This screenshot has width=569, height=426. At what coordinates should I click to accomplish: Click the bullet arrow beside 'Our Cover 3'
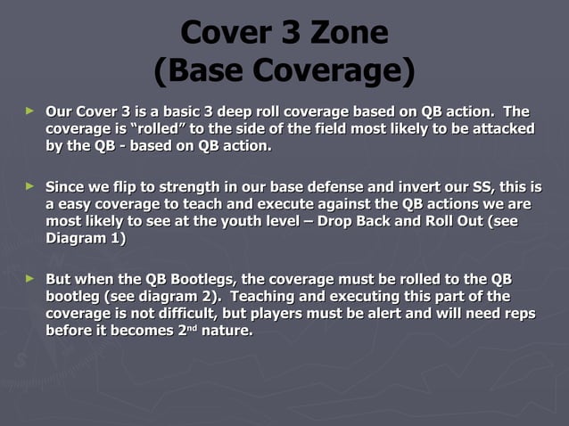[30, 111]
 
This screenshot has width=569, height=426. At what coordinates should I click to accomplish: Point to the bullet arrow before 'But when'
[30, 279]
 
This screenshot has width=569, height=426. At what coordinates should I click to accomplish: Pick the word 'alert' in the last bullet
[393, 314]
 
